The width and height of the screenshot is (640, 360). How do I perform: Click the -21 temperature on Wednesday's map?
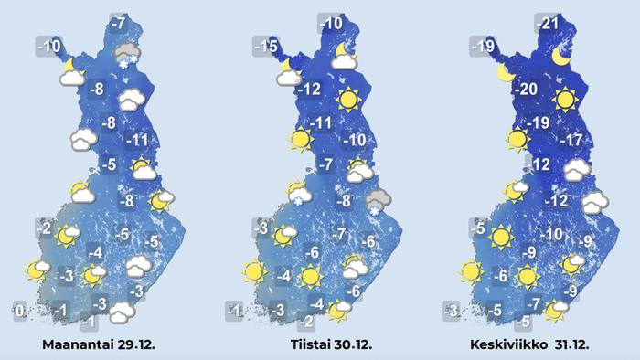(x=548, y=24)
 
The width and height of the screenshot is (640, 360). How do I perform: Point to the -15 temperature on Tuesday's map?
(x=265, y=47)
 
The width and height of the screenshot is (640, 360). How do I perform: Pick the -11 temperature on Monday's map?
(x=137, y=141)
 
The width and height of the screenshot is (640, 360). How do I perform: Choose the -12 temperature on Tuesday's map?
(x=312, y=90)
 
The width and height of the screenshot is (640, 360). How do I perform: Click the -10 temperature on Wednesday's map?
(x=551, y=234)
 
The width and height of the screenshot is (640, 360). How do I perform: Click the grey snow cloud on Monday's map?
(x=127, y=56)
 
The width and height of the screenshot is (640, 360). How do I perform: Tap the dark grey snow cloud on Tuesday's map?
(x=376, y=204)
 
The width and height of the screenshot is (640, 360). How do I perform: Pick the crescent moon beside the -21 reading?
(x=562, y=58)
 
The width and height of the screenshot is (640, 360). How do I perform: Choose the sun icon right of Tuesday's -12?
(x=347, y=99)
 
